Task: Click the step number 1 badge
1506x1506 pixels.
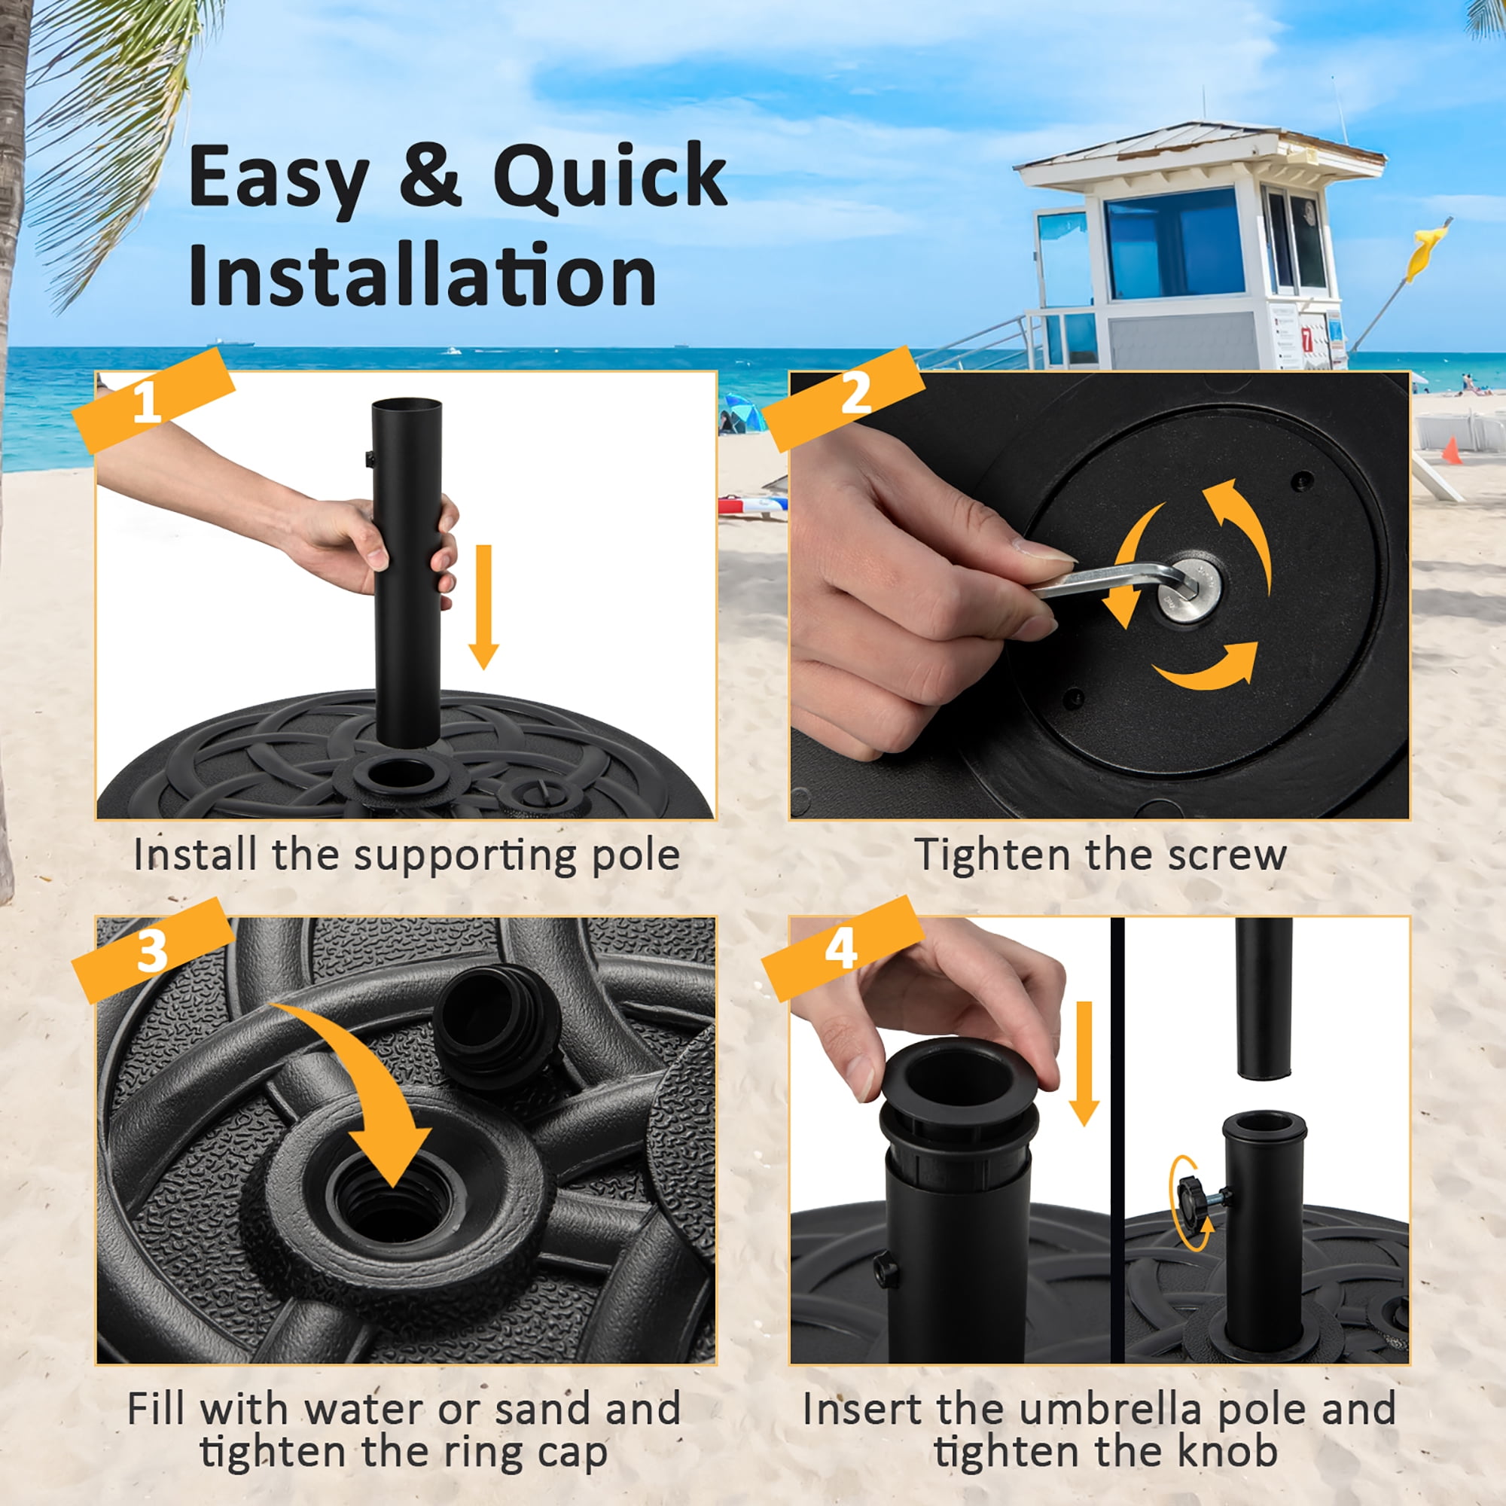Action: pyautogui.click(x=153, y=401)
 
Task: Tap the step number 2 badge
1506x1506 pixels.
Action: pyautogui.click(x=844, y=398)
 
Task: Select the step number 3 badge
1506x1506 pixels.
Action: pyautogui.click(x=153, y=950)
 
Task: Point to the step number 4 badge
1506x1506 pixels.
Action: pyautogui.click(x=843, y=948)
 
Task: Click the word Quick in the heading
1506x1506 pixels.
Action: pyautogui.click(x=610, y=178)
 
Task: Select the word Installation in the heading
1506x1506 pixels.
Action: pyautogui.click(x=422, y=273)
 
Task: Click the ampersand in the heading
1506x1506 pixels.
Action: pyautogui.click(x=429, y=175)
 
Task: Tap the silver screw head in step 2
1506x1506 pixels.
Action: pyautogui.click(x=1189, y=590)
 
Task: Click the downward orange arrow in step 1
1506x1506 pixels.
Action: pyautogui.click(x=483, y=607)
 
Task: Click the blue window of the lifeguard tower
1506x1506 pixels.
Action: pyautogui.click(x=1174, y=242)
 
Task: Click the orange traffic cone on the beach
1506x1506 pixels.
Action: pyautogui.click(x=1451, y=450)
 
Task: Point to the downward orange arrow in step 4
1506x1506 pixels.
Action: pyautogui.click(x=1084, y=1063)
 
